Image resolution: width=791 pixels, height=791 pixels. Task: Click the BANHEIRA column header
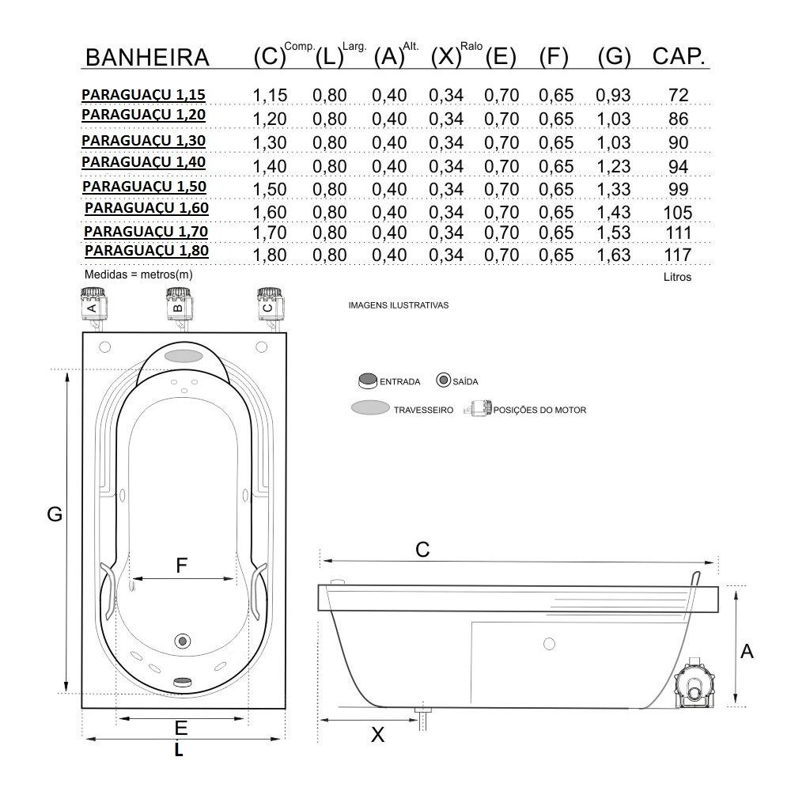click(x=147, y=58)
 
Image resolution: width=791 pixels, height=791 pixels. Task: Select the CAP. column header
click(x=679, y=56)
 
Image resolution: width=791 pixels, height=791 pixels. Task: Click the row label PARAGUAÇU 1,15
click(x=143, y=95)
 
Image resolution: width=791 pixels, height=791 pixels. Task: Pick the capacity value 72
click(x=678, y=96)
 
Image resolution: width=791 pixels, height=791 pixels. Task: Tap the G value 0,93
click(x=614, y=96)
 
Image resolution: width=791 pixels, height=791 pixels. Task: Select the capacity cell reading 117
click(x=678, y=255)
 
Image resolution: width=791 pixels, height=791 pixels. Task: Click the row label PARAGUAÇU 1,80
click(x=146, y=251)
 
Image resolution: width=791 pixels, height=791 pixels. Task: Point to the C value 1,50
click(x=270, y=190)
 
